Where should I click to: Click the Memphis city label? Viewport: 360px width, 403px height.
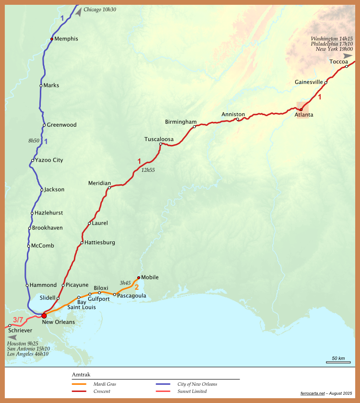click(66, 39)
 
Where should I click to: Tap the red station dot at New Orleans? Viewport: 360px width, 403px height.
click(44, 315)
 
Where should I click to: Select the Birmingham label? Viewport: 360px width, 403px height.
click(180, 122)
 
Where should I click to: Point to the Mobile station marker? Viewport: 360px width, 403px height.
click(139, 277)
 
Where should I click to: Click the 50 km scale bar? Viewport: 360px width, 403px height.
click(338, 362)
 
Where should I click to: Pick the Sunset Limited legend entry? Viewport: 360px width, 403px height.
click(192, 391)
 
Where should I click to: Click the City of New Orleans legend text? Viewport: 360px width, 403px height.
click(197, 384)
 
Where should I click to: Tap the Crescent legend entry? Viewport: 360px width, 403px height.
click(102, 391)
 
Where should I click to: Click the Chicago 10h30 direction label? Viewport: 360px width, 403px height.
click(100, 10)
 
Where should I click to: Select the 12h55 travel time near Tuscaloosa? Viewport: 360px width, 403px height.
click(148, 170)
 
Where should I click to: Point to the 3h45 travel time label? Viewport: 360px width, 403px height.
click(125, 283)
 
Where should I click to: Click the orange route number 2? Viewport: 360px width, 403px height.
click(136, 287)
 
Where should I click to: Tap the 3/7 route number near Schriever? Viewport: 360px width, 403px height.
click(18, 320)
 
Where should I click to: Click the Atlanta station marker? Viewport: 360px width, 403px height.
click(301, 109)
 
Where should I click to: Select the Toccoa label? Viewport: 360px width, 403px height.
click(338, 61)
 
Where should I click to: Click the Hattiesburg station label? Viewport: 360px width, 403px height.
click(99, 243)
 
